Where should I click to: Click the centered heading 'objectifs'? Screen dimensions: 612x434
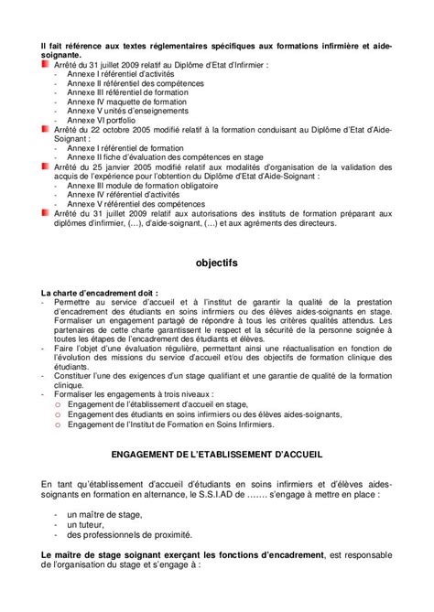216,263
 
